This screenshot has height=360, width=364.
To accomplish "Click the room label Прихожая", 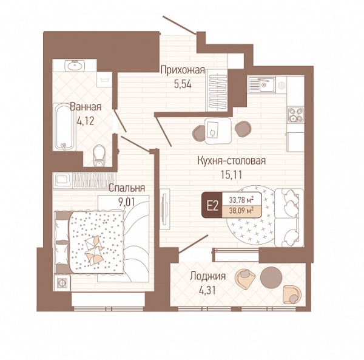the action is click(183, 70).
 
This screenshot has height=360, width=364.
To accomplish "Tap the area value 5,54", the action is click(183, 84).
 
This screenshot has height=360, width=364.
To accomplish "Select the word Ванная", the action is click(86, 107).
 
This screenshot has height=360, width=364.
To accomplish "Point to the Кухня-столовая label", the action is click(232, 160).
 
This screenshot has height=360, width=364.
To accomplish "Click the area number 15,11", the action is click(232, 175).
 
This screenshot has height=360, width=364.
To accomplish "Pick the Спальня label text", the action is click(127, 188).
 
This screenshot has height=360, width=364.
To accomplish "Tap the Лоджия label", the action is click(207, 276).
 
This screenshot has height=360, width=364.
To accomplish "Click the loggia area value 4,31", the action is click(207, 290).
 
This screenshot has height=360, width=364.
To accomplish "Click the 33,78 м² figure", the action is click(241, 199).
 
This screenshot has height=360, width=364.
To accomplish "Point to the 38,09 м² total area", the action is click(241, 211).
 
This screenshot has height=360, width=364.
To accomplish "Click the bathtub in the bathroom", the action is click(65, 127).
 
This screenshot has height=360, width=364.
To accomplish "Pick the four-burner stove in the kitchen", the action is click(296, 115).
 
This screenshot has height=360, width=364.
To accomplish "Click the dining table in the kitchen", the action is click(218, 131).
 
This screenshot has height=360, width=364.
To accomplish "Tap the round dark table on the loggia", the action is click(271, 277).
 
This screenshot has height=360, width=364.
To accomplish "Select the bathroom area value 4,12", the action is click(86, 121).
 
